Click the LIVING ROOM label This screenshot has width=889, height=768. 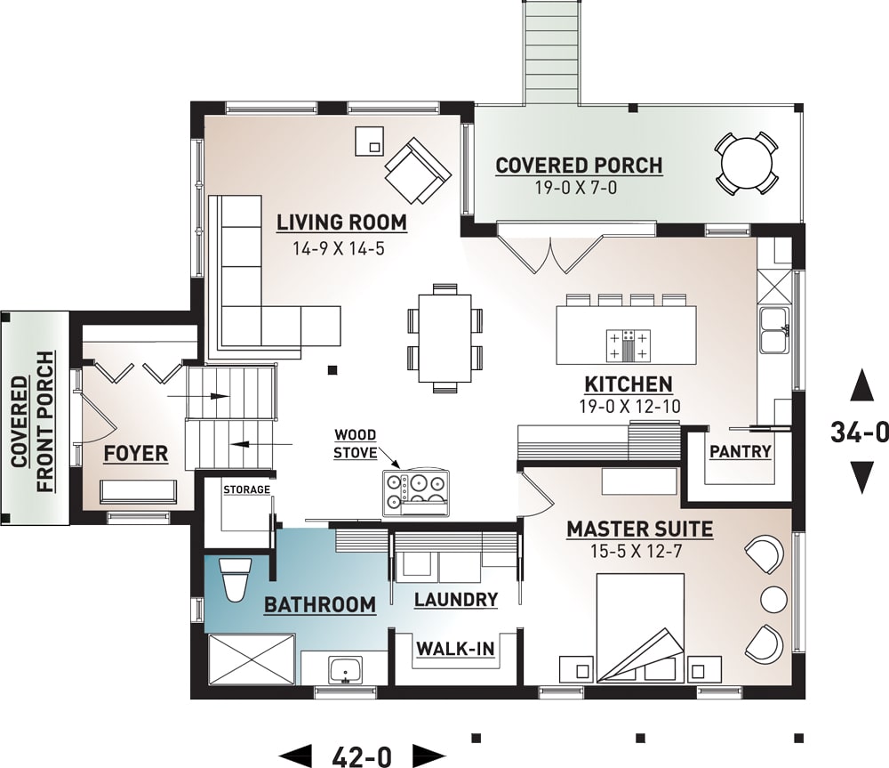click(341, 222)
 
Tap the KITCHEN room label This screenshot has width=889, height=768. click(628, 384)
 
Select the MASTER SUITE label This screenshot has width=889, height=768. click(640, 530)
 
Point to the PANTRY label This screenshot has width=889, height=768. click(740, 452)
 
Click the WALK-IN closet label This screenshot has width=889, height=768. click(455, 649)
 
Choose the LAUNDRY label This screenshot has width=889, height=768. click(455, 600)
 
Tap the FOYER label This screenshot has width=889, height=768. click(135, 454)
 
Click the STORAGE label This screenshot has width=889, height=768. click(246, 490)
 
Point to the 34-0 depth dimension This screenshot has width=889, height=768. click(860, 432)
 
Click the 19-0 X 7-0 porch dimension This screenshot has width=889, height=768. click(579, 188)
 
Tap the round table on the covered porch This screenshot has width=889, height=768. click(747, 163)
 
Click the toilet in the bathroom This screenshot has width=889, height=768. click(235, 581)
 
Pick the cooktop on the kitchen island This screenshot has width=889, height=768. click(629, 344)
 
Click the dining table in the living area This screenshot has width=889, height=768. click(444, 337)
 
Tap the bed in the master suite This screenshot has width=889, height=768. click(639, 628)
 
